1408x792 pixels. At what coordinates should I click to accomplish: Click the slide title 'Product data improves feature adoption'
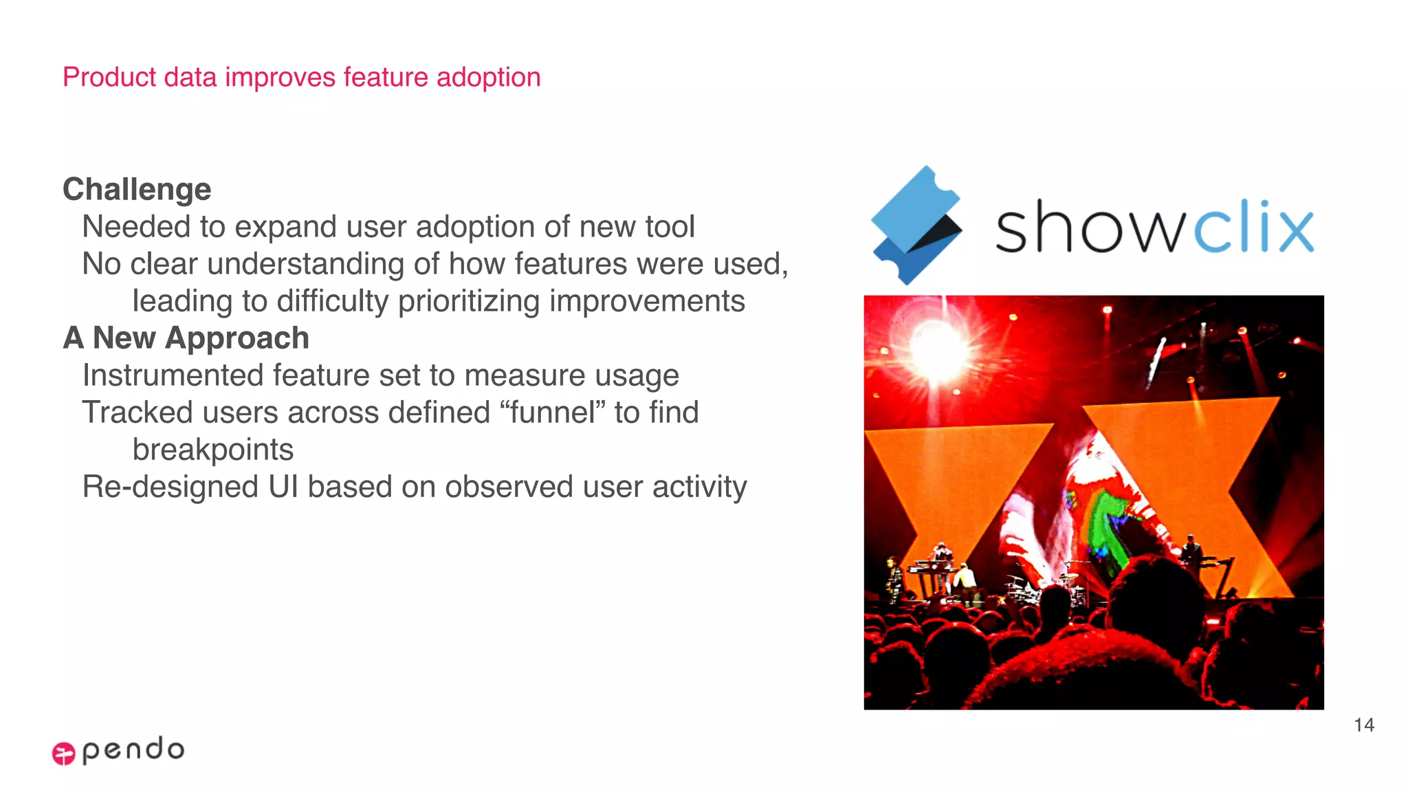point(301,77)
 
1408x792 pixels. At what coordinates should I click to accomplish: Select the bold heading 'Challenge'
point(137,189)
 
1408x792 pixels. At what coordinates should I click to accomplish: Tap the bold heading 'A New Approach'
point(186,338)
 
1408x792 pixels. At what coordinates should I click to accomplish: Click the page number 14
point(1364,725)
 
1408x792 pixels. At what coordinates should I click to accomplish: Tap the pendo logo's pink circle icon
point(63,753)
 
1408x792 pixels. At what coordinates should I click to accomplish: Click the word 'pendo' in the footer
point(133,749)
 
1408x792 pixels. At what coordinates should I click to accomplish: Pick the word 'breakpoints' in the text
point(212,450)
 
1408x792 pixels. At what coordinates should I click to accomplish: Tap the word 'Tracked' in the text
point(137,412)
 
